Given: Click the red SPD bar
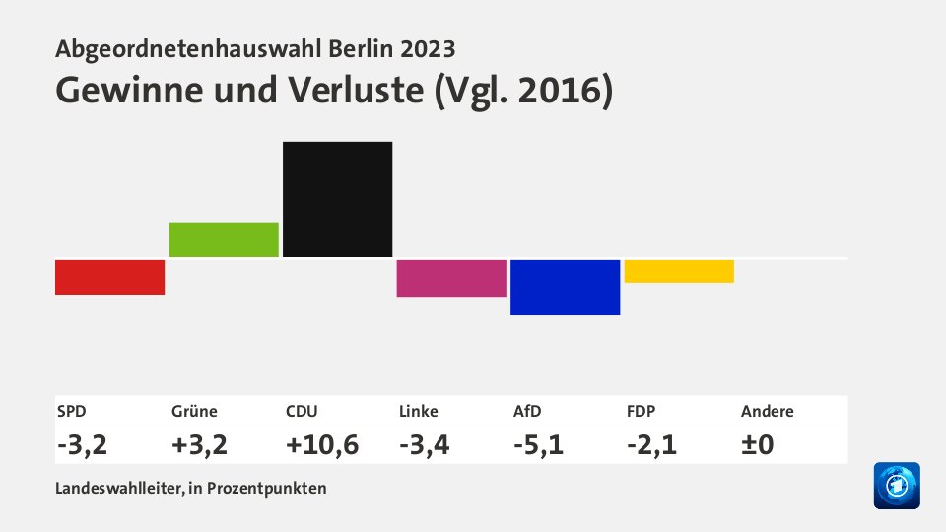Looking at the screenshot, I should (x=109, y=277).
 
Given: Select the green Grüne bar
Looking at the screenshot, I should (x=224, y=239).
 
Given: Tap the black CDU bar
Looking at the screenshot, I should (x=337, y=199).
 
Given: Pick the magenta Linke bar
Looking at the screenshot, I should (x=451, y=278).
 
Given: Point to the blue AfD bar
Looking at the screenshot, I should (x=565, y=287).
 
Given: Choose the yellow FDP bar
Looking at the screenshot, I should (x=679, y=271).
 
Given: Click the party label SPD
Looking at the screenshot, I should (x=71, y=412).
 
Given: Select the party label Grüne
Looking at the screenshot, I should (x=194, y=412).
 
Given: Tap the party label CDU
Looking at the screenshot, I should (x=301, y=412).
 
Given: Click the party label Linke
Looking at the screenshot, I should (x=419, y=412).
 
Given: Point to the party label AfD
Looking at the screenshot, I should (x=528, y=412).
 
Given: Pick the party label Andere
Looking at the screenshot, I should (x=768, y=412).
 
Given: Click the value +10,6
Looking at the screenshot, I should (x=321, y=444).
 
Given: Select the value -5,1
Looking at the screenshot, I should (x=538, y=444).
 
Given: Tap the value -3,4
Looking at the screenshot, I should (x=425, y=444).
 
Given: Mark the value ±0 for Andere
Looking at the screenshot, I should (x=757, y=444).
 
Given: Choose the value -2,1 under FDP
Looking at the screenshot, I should (x=651, y=444).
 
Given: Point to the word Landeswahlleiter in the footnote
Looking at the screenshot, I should (x=110, y=488).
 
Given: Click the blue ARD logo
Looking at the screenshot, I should (x=897, y=486).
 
